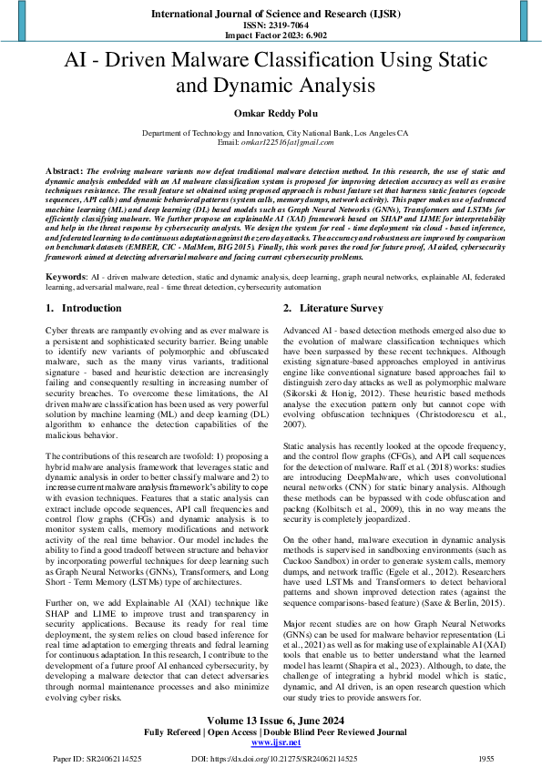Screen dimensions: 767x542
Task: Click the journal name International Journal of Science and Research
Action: pos(271,14)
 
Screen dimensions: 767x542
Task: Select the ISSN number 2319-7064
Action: pos(271,26)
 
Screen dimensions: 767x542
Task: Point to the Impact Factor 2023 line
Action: pos(271,36)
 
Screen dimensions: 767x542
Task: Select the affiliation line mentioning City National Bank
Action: pos(271,133)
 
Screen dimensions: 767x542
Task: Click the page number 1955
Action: pos(485,758)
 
